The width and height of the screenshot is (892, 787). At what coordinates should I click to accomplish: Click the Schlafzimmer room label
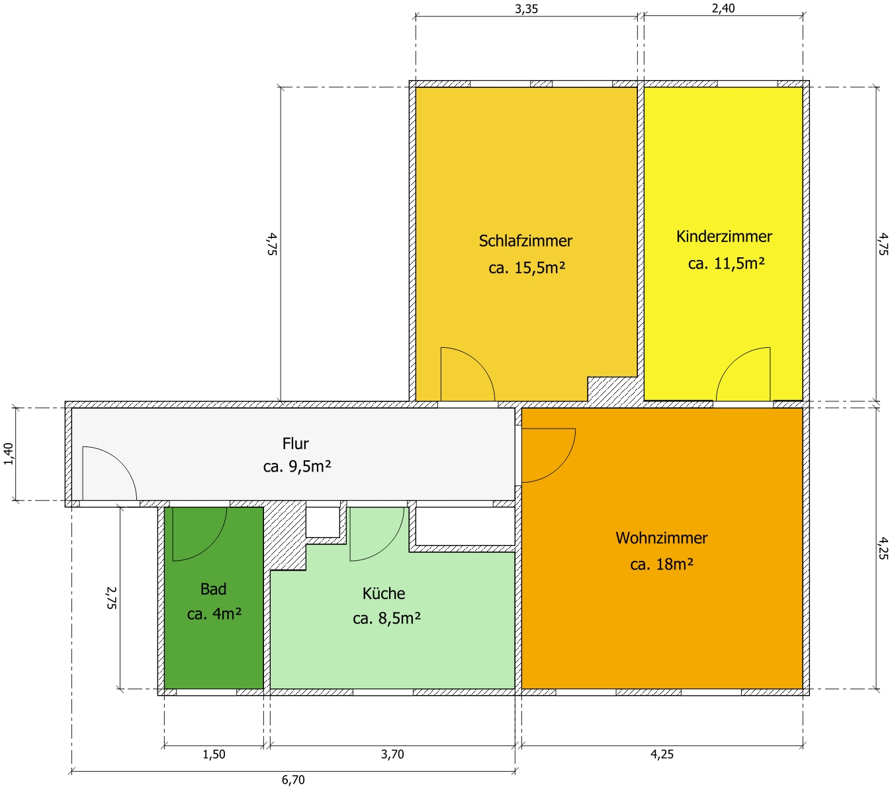(x=525, y=241)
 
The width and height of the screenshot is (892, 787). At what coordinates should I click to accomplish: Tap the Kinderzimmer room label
(x=724, y=236)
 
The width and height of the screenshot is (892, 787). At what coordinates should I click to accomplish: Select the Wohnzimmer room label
(x=661, y=538)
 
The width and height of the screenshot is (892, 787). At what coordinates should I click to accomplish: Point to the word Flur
(x=295, y=443)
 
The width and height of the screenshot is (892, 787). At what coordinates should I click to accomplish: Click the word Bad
(x=213, y=589)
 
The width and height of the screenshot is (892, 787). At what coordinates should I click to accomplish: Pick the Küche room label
(x=384, y=593)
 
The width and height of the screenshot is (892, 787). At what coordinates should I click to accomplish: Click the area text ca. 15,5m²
(x=527, y=267)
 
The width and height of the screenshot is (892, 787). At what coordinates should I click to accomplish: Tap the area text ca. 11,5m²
(x=726, y=263)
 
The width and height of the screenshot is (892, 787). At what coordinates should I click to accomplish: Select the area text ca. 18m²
(x=662, y=564)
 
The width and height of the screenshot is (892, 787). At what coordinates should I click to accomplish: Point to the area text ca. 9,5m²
(x=296, y=466)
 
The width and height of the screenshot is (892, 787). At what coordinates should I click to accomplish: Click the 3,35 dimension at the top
(x=527, y=9)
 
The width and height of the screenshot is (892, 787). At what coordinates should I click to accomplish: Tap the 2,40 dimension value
(x=723, y=9)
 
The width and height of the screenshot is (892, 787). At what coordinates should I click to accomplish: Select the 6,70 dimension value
(x=293, y=780)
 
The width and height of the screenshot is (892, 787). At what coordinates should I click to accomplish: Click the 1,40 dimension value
(x=9, y=454)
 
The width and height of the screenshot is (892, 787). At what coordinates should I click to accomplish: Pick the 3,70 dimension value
(x=392, y=754)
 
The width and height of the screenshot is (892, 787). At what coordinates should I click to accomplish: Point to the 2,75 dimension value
(x=111, y=597)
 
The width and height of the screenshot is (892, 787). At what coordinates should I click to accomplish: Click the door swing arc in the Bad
(x=211, y=546)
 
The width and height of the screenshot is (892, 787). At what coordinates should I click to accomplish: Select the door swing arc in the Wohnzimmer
(x=560, y=466)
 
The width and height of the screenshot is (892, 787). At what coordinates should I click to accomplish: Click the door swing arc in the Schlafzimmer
(x=479, y=363)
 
